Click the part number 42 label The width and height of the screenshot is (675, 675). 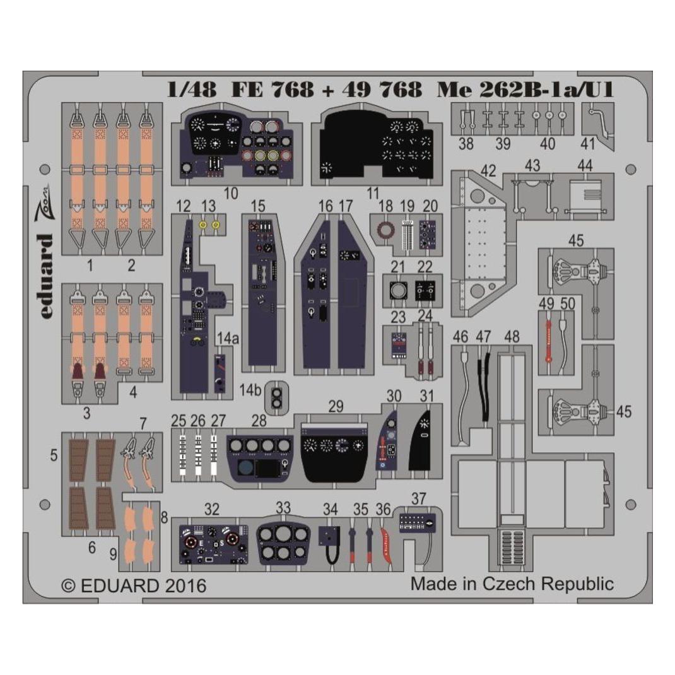click(488, 171)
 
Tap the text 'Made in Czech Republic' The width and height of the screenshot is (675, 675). click(512, 584)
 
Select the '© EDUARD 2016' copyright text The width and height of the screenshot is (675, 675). click(134, 585)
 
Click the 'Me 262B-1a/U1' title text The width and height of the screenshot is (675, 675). click(525, 90)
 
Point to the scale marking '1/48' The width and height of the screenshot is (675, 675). click(192, 90)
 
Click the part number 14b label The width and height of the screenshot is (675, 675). click(250, 390)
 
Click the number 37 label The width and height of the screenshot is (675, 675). click(418, 499)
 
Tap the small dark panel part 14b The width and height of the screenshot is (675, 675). click(276, 398)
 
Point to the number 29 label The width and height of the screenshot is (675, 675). click(336, 406)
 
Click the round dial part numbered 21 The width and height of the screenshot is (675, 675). click(398, 291)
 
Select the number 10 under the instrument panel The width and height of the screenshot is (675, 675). click(231, 193)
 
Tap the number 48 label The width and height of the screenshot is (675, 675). click(512, 337)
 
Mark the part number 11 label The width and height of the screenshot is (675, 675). click(373, 193)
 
